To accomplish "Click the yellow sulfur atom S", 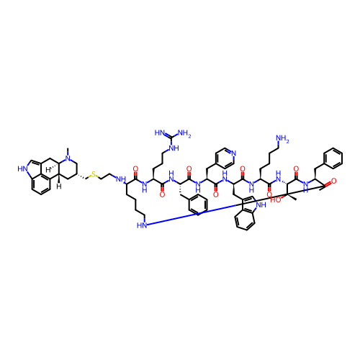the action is pos(94,174).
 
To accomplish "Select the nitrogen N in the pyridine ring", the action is pos(234,153).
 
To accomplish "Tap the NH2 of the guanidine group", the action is pos(184,133).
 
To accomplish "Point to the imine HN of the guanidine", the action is pos(160,132).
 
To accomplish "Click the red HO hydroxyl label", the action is pos(276,200).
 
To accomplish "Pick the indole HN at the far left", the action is pos(22,169).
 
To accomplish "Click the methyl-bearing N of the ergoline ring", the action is pos(69,158).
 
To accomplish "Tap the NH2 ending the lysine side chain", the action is pos(282,139).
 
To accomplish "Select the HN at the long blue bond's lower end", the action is pos(142,225).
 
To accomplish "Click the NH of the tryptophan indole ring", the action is pos(261,205).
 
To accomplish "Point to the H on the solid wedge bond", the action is pos(59,186).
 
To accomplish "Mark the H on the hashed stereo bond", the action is pos(48,170).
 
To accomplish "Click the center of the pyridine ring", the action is pos(225,158).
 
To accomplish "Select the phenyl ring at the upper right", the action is pos(333,158).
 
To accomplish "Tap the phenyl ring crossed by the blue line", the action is pos(198,204).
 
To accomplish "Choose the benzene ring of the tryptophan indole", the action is pos(245,220).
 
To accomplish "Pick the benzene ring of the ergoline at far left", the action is pos(41,184).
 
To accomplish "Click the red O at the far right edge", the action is pos(333,181).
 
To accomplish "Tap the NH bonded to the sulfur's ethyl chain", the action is pos(121,179).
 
